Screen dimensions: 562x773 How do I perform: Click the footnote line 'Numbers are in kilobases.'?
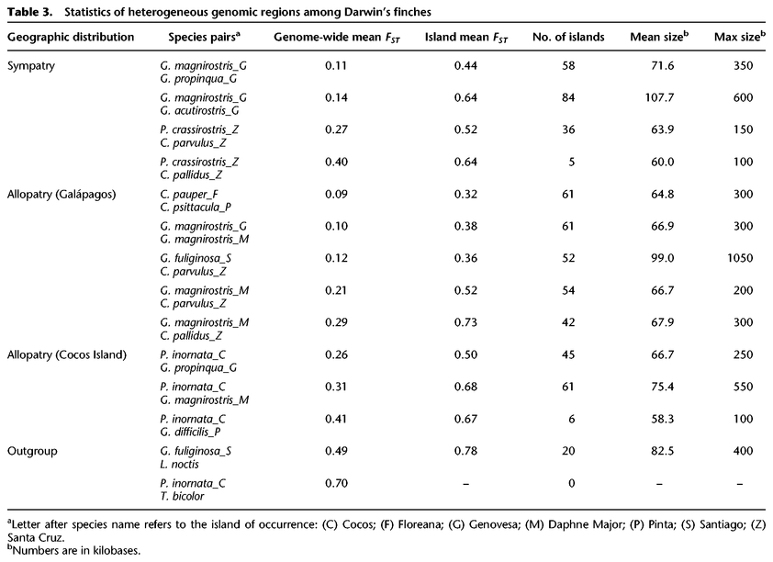point(73,552)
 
